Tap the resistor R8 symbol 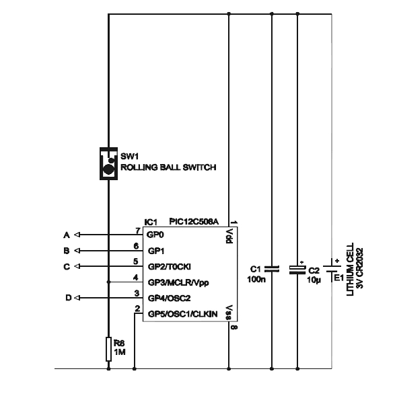(x=108, y=349)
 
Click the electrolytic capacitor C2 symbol (x=297, y=269)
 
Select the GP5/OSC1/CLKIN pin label (x=181, y=313)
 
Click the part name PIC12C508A (x=194, y=221)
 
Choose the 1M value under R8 (x=119, y=351)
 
